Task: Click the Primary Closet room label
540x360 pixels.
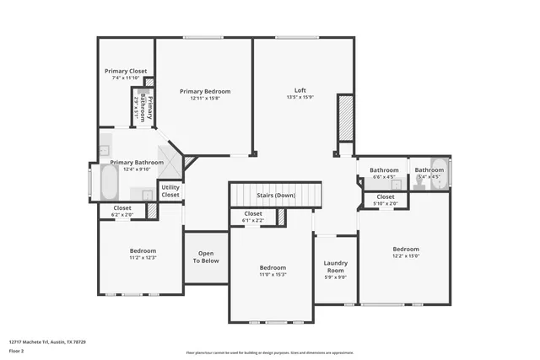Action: point(126,72)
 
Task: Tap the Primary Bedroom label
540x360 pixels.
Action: point(205,91)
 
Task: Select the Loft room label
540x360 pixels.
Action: point(300,90)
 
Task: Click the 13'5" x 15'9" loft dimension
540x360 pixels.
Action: point(300,97)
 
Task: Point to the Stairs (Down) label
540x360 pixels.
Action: point(276,195)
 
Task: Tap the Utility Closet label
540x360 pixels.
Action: point(170,191)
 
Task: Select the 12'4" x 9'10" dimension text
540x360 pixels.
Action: point(137,169)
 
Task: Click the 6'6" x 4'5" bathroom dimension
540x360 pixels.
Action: point(384,177)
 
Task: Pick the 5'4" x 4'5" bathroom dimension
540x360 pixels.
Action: point(429,177)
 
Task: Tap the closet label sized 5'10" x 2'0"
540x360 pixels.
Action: point(383,204)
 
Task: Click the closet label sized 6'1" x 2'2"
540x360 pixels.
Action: point(253,221)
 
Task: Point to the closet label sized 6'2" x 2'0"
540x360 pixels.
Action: point(122,215)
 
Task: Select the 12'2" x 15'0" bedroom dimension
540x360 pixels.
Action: point(406,256)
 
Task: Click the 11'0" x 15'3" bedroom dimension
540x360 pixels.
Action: point(273,275)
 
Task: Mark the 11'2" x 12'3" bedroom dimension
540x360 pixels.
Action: point(143,257)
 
